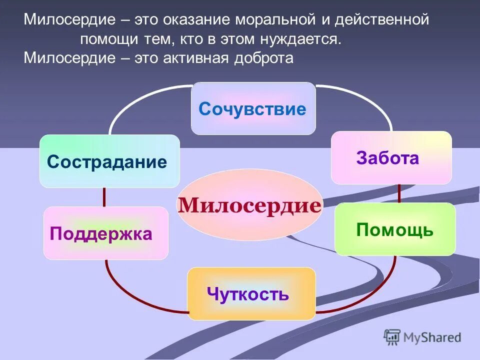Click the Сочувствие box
[x=253, y=108]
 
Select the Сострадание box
[x=109, y=161]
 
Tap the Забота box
[x=391, y=157]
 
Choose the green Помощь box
[x=395, y=229]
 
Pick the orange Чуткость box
[x=251, y=293]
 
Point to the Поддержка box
[x=105, y=233]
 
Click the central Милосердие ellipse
[x=249, y=205]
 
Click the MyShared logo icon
[x=392, y=337]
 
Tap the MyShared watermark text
[x=433, y=337]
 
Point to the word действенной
[x=382, y=20]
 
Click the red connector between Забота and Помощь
[x=399, y=193]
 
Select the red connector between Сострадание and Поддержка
[x=104, y=197]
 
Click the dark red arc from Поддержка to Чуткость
[x=125, y=295]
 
